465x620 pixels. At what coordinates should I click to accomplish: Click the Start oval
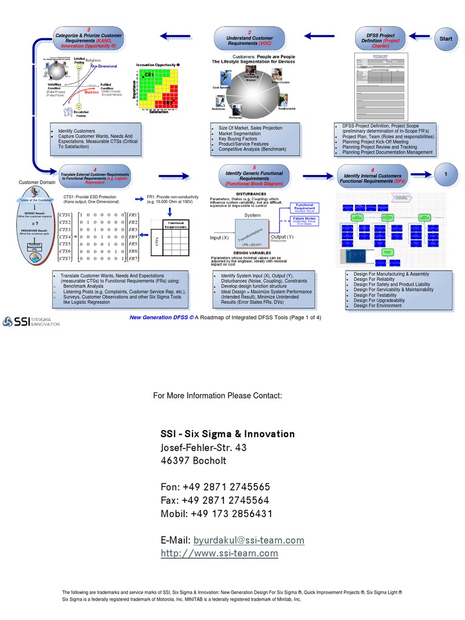[x=446, y=39]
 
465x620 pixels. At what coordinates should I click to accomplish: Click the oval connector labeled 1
[x=446, y=174]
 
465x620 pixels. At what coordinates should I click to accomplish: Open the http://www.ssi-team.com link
[x=219, y=553]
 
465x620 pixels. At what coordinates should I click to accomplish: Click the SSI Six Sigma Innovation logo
[x=31, y=321]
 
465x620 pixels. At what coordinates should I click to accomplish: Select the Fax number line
[x=214, y=500]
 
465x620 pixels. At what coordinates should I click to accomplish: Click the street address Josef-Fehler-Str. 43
[x=203, y=447]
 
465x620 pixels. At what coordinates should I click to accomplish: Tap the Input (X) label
[x=219, y=237]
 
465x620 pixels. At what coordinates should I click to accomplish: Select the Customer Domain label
[x=37, y=182]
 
